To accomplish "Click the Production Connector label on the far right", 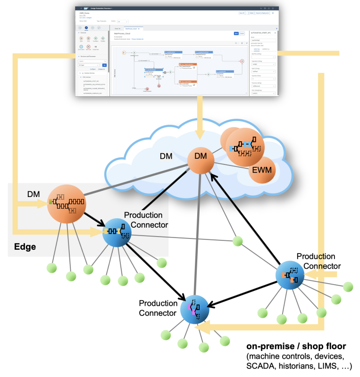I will point(316,262).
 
